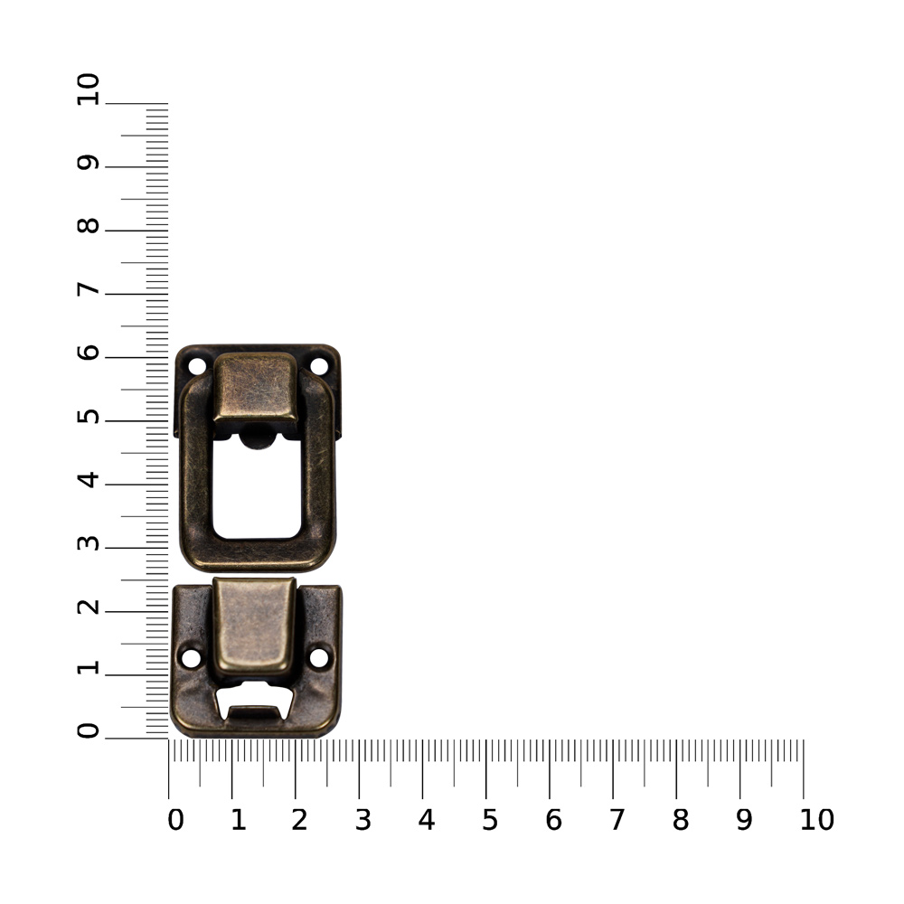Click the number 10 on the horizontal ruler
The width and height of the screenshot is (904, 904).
[816, 819]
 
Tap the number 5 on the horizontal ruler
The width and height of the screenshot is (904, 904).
[489, 819]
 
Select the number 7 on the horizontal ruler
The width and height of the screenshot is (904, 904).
[617, 819]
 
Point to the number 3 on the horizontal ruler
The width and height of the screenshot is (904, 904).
[363, 819]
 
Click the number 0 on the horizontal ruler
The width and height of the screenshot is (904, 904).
[175, 819]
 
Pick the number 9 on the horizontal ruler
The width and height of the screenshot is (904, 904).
[744, 819]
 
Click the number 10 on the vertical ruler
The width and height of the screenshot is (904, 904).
[88, 89]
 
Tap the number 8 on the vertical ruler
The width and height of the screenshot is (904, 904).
[88, 225]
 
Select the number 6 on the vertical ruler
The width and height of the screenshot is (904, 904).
[88, 352]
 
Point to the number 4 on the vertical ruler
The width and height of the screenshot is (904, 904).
[88, 479]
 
